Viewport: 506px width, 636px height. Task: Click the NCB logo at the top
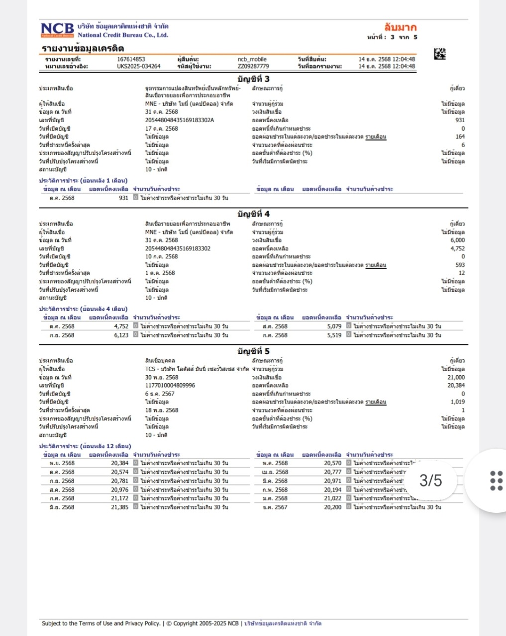click(57, 30)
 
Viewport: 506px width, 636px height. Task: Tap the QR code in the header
click(440, 54)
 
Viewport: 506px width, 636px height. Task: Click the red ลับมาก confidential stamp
click(400, 27)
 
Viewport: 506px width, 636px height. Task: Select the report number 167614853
click(131, 59)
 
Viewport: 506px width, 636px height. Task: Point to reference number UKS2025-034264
click(138, 66)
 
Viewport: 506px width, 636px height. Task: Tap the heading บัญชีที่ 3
click(253, 79)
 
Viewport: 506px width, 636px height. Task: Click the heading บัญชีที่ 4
click(253, 214)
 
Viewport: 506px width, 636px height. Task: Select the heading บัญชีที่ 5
click(253, 351)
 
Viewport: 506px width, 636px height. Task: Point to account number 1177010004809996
click(170, 385)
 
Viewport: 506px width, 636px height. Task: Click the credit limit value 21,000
click(456, 377)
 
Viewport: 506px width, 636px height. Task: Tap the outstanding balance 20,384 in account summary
click(456, 385)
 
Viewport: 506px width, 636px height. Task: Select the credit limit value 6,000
click(457, 240)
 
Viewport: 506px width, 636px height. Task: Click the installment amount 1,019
click(457, 401)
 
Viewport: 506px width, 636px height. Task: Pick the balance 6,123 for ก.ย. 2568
click(121, 335)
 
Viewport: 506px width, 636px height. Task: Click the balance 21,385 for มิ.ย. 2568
click(119, 507)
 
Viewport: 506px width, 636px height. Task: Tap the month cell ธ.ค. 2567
click(275, 507)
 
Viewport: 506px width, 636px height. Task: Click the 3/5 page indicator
click(430, 480)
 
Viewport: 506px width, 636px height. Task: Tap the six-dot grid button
click(496, 480)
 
